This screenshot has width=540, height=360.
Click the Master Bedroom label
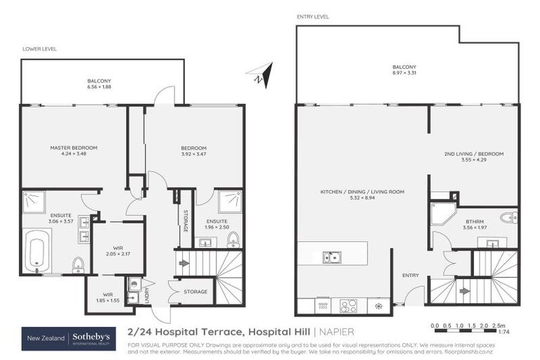coord(73,148)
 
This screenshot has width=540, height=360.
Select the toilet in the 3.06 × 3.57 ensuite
coord(78,264)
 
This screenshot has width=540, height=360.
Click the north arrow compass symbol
coord(261,75)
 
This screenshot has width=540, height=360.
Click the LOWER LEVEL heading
coord(39,49)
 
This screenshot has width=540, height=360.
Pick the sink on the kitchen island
coord(332,257)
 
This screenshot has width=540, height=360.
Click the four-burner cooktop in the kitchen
coord(348,306)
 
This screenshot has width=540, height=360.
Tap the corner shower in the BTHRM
coord(442,214)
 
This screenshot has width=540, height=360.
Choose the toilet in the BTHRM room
coord(509,217)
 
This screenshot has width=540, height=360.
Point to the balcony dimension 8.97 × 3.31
coord(405,73)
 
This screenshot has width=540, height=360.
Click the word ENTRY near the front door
coord(410,275)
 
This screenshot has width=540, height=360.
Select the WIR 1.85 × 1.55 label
coord(108,298)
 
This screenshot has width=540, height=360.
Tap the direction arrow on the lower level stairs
coord(184,264)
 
